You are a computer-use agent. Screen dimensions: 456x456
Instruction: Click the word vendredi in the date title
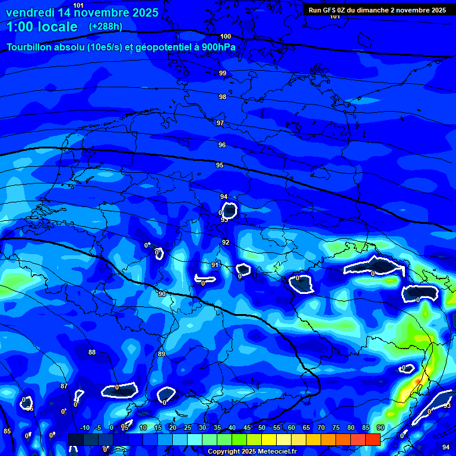pos(30,12)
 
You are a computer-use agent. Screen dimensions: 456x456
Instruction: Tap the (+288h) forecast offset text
pos(105,27)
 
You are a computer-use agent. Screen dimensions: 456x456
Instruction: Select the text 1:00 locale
pos(42,27)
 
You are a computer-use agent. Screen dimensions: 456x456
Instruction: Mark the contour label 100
pos(226,36)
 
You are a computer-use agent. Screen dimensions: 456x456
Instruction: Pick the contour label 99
pos(223,73)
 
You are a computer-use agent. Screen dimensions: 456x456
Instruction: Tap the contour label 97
pos(220,123)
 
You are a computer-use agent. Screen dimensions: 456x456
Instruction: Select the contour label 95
pos(220,165)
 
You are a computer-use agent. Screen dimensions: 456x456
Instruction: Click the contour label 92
pos(226,242)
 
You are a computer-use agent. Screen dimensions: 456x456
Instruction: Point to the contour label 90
pos(162,294)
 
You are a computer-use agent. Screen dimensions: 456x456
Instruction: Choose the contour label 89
pos(161,354)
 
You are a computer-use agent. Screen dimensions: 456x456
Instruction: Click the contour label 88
pos(92,352)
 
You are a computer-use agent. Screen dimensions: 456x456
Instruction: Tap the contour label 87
pos(64,386)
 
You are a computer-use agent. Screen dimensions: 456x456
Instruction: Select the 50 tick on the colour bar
pos(262,428)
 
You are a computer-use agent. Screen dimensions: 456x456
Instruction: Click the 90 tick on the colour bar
pos(380,428)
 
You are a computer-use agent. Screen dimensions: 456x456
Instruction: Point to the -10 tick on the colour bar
pos(84,428)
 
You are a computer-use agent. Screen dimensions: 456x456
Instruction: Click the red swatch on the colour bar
pos(373,439)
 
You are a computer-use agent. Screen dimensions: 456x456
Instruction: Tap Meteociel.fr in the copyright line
pos(277,452)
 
